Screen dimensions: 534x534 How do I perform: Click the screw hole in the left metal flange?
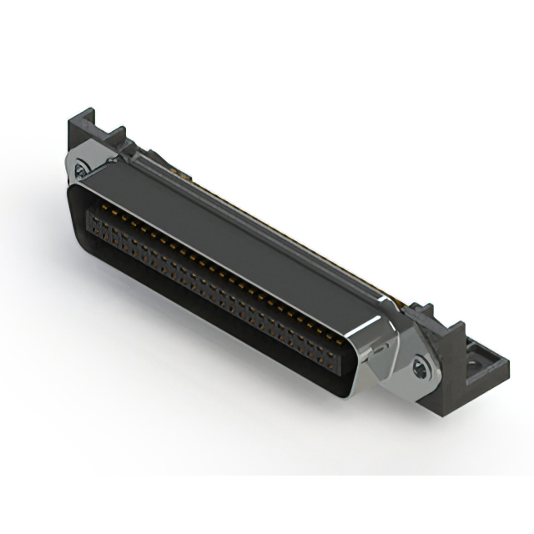(81, 171)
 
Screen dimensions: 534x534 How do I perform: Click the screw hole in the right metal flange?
(423, 364)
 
